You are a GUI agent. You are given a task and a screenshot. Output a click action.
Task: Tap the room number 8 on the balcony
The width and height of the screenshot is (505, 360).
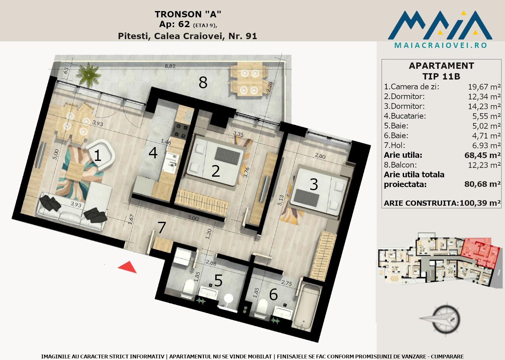click(203, 82)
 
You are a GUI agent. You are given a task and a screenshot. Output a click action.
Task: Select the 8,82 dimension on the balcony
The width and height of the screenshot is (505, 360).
click(170, 66)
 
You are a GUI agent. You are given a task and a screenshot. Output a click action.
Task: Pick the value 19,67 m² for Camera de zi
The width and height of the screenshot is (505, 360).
click(484, 87)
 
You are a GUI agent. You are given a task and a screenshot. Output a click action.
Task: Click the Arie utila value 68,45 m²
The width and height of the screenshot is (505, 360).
click(483, 155)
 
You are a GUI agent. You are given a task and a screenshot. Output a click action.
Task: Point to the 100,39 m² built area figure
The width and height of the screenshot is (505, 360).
click(480, 203)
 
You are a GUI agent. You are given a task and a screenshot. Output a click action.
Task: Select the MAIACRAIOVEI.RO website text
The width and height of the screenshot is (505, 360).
click(441, 45)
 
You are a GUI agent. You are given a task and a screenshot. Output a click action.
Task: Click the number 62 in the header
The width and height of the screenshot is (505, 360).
click(184, 24)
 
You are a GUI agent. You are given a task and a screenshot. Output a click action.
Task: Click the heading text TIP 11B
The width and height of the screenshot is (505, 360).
click(441, 76)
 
